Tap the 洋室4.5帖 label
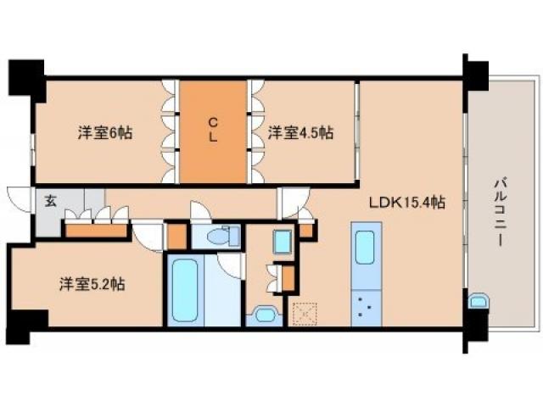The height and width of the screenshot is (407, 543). click(x=301, y=132)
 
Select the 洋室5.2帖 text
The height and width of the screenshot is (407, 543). click(x=92, y=284)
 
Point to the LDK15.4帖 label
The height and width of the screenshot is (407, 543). click(x=407, y=203)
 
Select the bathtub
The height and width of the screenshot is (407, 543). click(x=185, y=290)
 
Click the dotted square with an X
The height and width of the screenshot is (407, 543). click(x=302, y=315)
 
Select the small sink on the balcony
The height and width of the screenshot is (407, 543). click(x=478, y=302)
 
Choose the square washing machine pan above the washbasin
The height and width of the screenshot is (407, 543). click(x=283, y=241)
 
